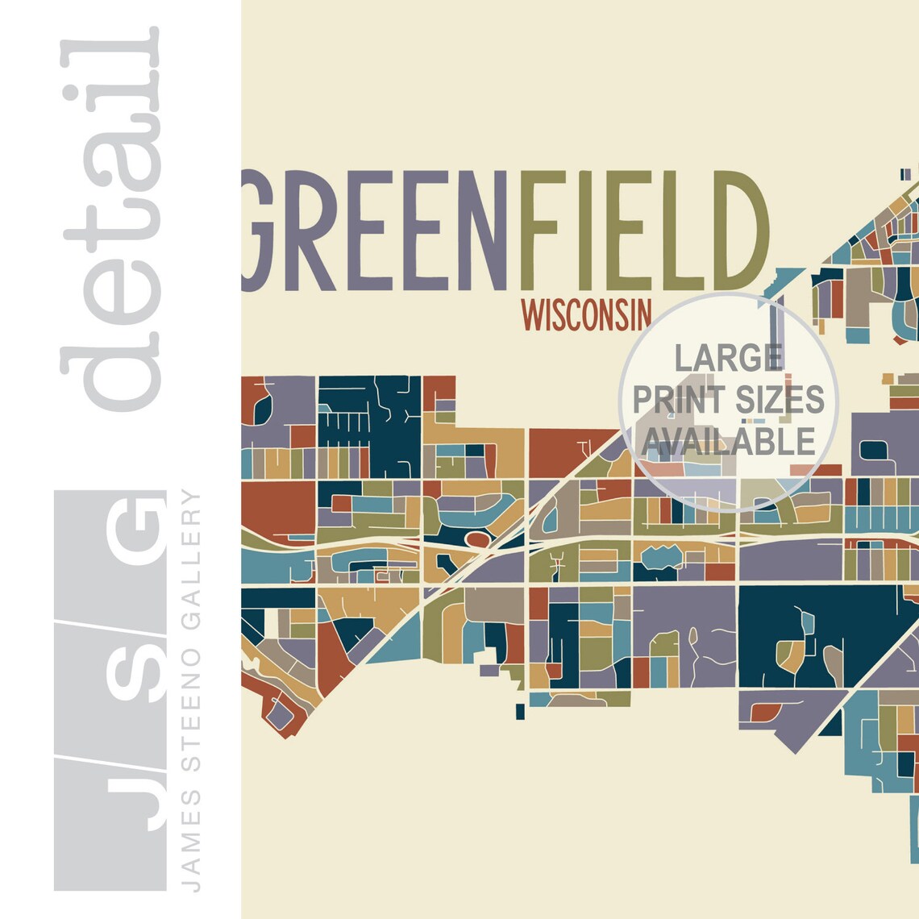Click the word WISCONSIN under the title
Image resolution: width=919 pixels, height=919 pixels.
click(586, 315)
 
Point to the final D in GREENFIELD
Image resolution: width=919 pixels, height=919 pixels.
click(736, 231)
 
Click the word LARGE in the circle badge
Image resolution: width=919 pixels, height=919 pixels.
click(729, 357)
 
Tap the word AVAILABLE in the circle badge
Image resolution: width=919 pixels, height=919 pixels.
click(729, 441)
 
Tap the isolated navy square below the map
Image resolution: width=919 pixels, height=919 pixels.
click(520, 711)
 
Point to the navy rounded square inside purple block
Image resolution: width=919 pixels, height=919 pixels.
click(875, 450)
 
